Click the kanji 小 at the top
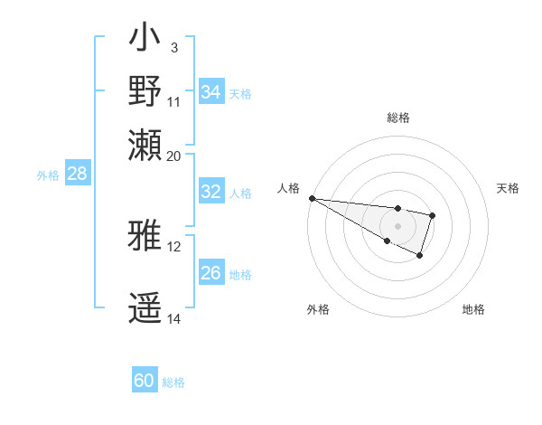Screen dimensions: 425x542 (x=145, y=41)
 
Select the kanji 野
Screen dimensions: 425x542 (x=145, y=91)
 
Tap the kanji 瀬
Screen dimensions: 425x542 (x=145, y=143)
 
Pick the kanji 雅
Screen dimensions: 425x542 (x=145, y=236)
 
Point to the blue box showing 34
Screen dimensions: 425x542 (x=211, y=91)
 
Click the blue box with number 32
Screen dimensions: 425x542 (x=211, y=192)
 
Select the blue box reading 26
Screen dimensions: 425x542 (x=211, y=273)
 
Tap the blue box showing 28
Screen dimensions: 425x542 (x=78, y=175)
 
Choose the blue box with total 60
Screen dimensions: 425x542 (x=145, y=381)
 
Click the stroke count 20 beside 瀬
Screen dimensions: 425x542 (x=174, y=155)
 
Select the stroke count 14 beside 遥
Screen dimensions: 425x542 (x=174, y=318)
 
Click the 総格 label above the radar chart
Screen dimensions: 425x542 (x=397, y=118)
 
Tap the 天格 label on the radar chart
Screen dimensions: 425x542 (x=509, y=188)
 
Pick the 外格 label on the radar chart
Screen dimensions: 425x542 (x=318, y=309)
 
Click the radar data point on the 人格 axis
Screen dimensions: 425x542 (x=311, y=197)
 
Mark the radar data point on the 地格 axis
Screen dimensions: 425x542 (x=420, y=257)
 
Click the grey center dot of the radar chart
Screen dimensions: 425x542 (x=397, y=225)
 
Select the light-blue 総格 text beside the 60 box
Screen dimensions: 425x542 (x=173, y=382)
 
